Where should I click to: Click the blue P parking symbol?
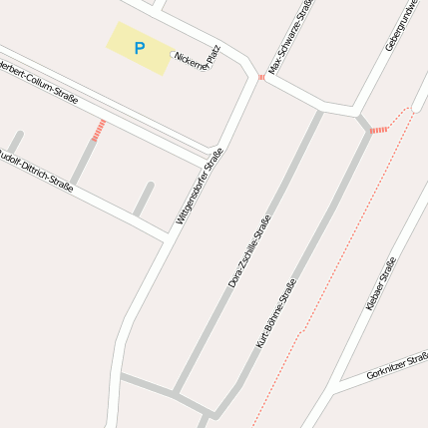pos(139,47)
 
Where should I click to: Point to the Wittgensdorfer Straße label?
pos(200,186)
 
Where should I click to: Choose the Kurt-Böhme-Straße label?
pos(276,312)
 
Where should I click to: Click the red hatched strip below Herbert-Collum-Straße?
pos(98,130)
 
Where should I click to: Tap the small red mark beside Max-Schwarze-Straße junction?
pos(261,77)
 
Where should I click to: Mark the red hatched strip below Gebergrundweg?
pos(378,130)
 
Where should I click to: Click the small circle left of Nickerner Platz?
pos(172,55)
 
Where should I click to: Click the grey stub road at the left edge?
pos(14,142)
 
